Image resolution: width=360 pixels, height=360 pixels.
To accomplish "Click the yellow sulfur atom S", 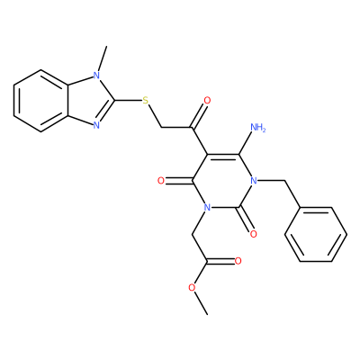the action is tap(146, 100).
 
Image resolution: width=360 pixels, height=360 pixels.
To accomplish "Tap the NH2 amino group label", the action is tap(257, 128).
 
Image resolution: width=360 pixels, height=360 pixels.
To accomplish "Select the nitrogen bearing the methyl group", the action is tap(96, 76).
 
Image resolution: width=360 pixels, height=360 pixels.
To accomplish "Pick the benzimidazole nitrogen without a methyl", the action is tap(96, 125).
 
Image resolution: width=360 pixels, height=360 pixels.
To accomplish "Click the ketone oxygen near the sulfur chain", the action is tap(207, 100).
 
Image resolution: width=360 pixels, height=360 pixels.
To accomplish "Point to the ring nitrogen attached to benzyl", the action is tap(254, 181).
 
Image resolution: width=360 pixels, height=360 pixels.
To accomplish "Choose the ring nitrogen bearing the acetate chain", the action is tap(207, 207).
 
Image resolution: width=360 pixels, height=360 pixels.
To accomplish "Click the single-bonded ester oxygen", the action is tap(192, 288).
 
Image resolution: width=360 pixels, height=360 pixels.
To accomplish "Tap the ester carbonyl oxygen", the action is tap(238, 261).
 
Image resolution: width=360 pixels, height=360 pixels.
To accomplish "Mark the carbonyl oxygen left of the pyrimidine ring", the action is tap(161, 181).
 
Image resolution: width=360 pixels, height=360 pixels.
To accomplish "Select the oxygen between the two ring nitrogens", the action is tap(254, 234).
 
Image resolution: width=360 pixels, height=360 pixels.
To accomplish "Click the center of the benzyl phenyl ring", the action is tap(316, 234).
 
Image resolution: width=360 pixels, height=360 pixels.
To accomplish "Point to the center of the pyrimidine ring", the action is tap(222, 181).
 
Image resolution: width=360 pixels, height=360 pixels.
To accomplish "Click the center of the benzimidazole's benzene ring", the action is tap(41, 100).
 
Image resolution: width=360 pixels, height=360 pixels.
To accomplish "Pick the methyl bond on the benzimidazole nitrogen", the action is tap(102, 58).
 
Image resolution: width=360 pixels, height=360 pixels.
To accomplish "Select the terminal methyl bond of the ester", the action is tap(201, 303).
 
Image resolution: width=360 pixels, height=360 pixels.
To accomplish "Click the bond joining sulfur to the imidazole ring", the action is tap(129, 100).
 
